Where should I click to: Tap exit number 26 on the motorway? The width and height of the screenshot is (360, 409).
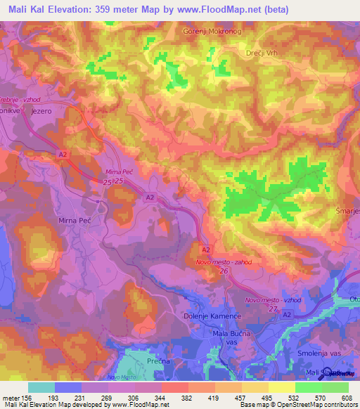223,271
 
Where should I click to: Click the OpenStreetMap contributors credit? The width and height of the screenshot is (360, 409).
314,405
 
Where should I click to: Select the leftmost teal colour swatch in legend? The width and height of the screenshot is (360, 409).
41,387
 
